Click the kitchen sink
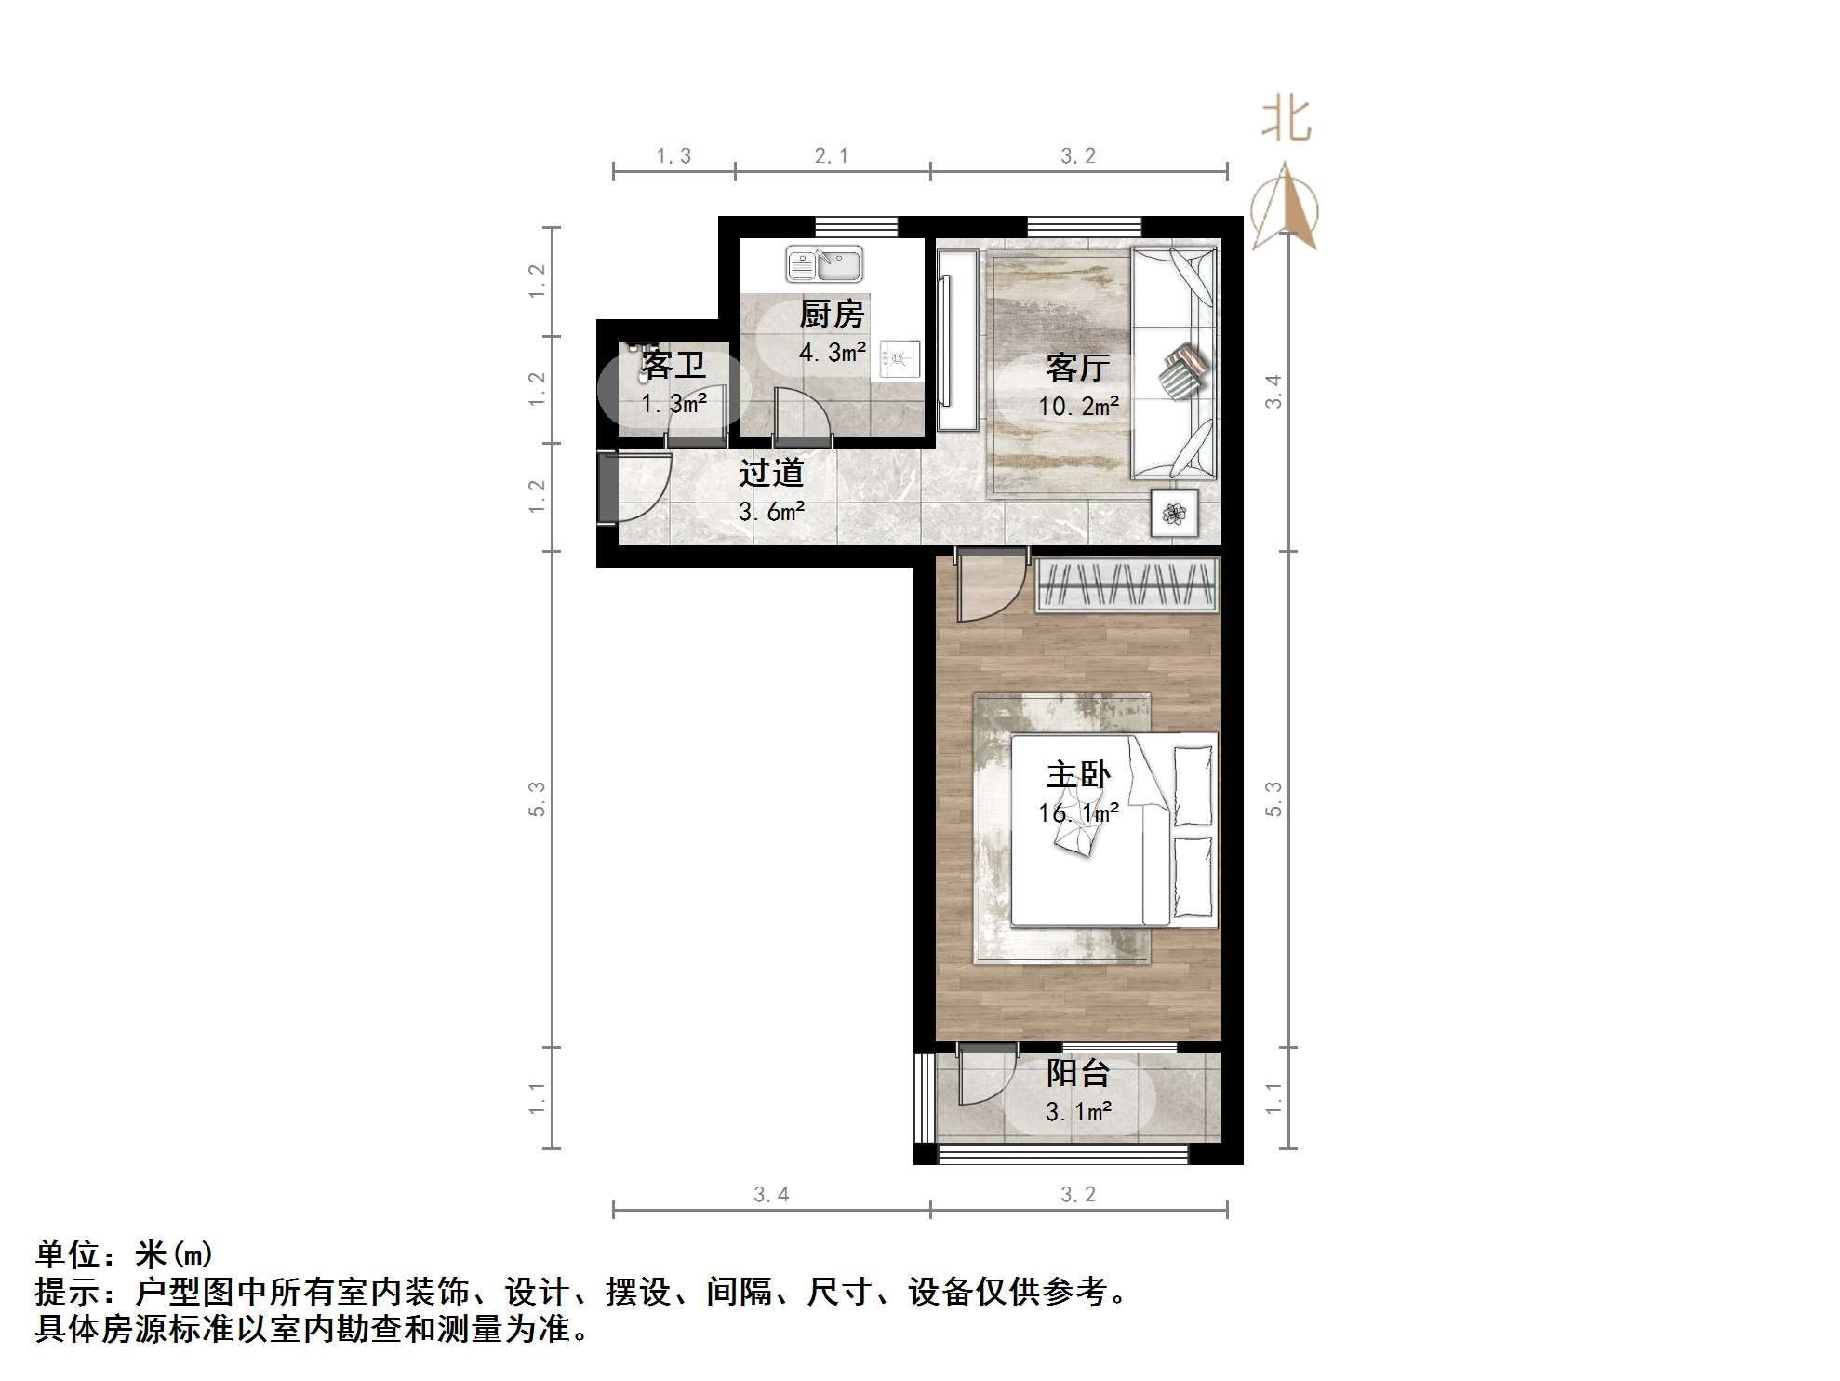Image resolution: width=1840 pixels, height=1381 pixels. coord(824,264)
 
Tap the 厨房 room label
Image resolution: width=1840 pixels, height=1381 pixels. coord(832,315)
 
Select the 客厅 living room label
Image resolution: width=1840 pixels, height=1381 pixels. coord(1077,369)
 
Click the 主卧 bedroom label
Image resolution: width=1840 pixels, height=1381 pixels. coord(1077,775)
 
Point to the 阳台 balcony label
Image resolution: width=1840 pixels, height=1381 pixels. coord(1077,1073)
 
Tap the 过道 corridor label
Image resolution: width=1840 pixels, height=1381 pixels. coord(770,473)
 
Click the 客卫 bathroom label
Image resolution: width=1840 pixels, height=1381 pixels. coord(673,365)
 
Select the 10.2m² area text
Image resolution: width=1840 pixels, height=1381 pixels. coord(1078,406)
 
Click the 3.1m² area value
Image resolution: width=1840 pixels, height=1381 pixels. coord(1078,1111)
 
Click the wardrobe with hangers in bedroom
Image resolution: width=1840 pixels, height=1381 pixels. coord(1127,585)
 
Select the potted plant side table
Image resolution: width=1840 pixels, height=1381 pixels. coord(1175,513)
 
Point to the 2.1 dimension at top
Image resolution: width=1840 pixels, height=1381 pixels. coord(831,156)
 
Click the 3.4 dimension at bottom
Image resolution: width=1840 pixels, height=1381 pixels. coord(771,1194)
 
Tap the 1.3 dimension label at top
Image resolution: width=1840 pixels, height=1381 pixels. coord(673,156)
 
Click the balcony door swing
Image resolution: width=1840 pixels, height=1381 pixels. coord(984,1078)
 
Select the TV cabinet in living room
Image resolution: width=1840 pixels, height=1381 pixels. coord(957,341)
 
